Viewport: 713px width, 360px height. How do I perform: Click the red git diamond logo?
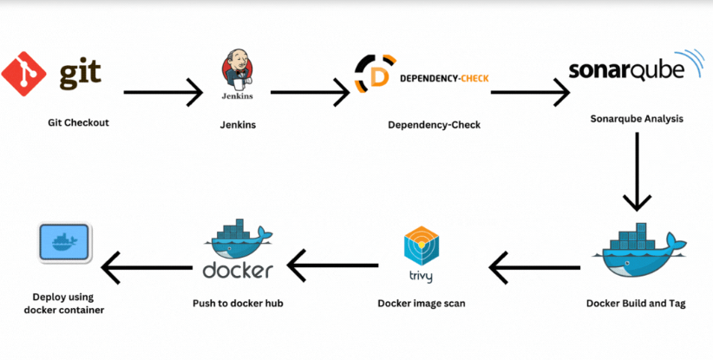[24, 74]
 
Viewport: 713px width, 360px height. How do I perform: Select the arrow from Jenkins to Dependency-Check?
[310, 91]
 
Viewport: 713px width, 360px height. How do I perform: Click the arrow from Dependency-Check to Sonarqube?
[529, 91]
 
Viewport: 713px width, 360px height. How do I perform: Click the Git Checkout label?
[78, 122]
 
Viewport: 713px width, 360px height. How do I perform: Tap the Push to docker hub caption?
[238, 304]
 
